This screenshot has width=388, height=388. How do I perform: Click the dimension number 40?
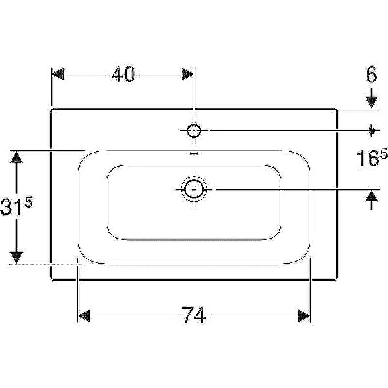click(123, 74)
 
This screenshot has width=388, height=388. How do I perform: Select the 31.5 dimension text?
click(16, 205)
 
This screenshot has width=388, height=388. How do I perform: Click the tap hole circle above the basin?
click(194, 130)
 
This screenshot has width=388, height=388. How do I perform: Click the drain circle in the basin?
click(194, 189)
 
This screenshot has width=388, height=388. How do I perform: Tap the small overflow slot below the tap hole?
click(194, 154)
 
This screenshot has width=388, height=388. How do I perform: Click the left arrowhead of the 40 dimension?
click(57, 74)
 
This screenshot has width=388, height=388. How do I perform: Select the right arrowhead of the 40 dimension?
click(188, 74)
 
